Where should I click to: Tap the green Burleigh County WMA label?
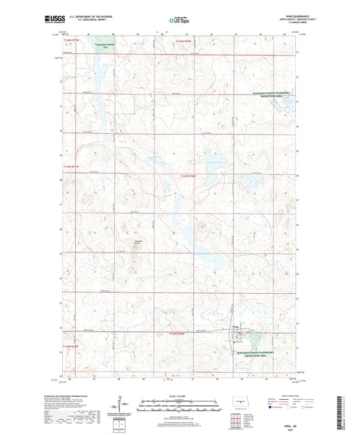coord(105,46)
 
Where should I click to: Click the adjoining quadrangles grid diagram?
coord(239,419)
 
